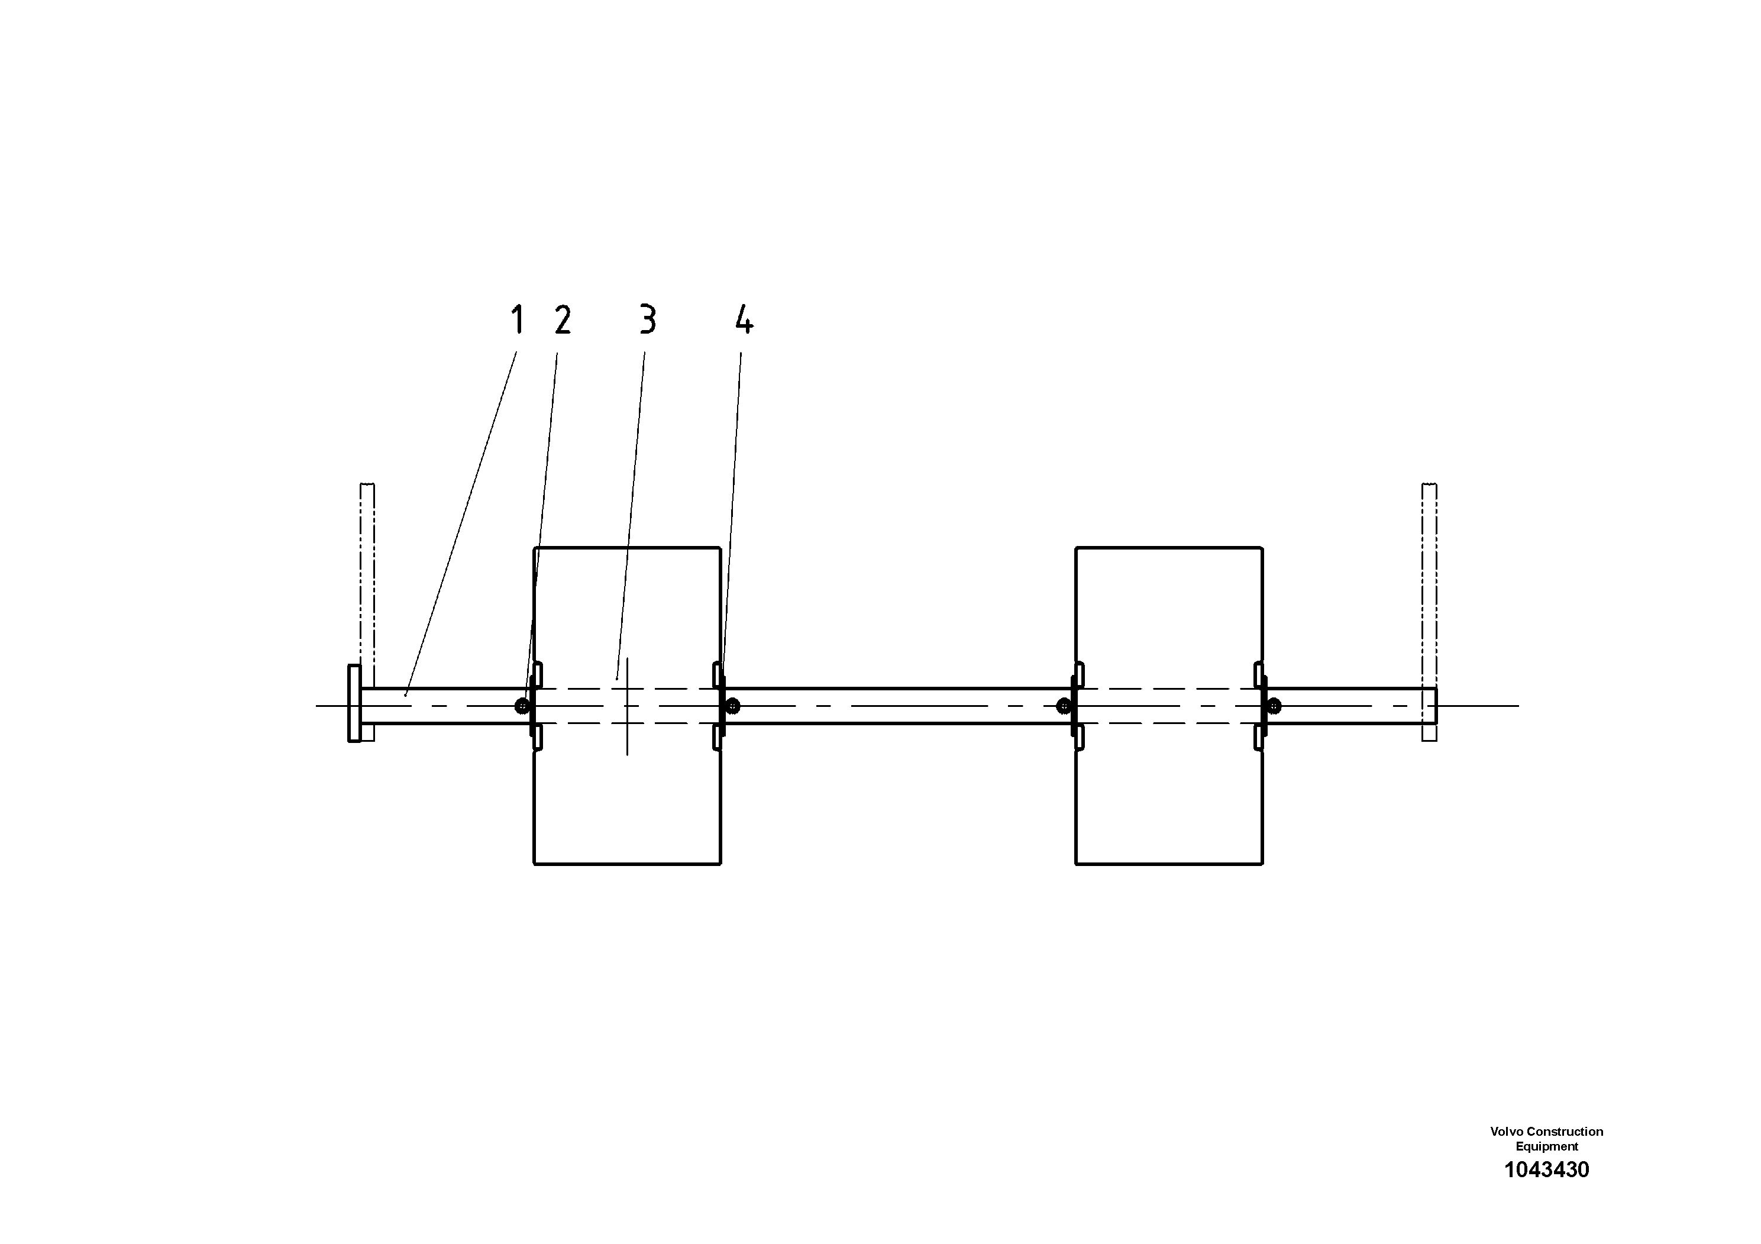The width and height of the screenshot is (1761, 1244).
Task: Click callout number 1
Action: (x=518, y=320)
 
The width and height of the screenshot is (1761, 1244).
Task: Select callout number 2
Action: (x=563, y=320)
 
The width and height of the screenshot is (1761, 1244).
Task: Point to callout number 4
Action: (x=743, y=320)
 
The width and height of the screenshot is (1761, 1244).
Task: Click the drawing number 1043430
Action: (x=1546, y=1169)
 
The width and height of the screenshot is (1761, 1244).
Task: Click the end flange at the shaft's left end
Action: (x=354, y=703)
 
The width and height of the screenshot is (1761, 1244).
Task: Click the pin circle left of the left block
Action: (x=522, y=706)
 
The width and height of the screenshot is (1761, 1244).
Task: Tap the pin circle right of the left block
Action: (x=734, y=706)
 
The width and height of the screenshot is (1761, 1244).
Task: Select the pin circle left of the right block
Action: (x=1063, y=706)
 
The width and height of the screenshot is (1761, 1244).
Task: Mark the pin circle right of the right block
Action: (x=1274, y=706)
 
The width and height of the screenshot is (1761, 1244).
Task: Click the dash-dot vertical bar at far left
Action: (x=367, y=583)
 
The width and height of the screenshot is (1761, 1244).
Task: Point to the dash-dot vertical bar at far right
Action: (x=1429, y=583)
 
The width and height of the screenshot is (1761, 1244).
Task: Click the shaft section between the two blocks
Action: (x=897, y=706)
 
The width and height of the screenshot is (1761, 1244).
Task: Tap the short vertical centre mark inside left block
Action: (x=628, y=706)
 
